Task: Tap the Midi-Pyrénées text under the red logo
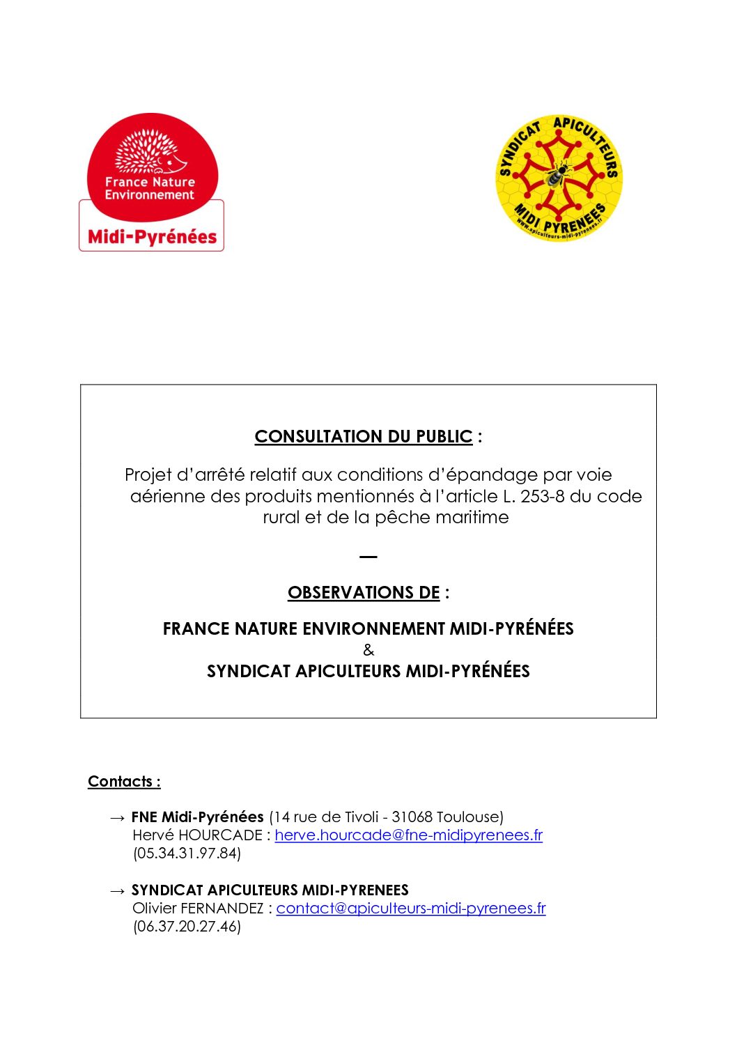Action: click(152, 237)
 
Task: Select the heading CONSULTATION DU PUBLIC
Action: click(363, 437)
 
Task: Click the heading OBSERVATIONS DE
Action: click(364, 593)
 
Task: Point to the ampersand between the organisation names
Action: click(368, 651)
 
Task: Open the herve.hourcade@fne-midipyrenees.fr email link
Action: click(408, 835)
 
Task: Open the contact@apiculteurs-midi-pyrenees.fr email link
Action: click(411, 908)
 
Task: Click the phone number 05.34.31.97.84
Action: click(187, 853)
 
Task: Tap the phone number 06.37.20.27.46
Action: click(187, 927)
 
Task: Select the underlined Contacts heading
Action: click(124, 782)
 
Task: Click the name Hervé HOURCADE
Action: click(197, 835)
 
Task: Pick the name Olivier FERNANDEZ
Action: click(198, 908)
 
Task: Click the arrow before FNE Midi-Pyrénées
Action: click(118, 817)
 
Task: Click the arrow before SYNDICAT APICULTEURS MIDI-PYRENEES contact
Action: click(118, 890)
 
